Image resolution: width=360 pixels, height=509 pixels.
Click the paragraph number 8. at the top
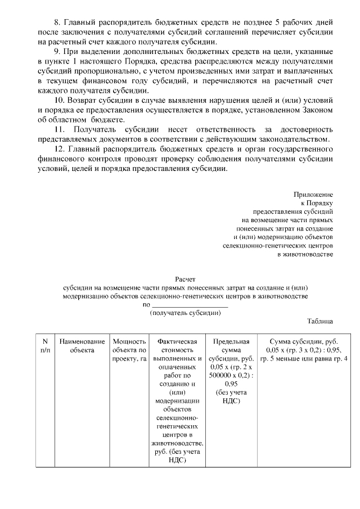[x=57, y=22]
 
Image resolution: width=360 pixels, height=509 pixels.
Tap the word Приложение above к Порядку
[x=314, y=193]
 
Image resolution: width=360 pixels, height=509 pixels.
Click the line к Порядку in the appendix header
[x=317, y=203]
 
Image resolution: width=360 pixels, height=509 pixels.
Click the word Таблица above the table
[x=320, y=321]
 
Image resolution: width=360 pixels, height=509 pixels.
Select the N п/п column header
[x=44, y=345]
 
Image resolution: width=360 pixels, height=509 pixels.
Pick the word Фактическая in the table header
[x=177, y=341]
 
